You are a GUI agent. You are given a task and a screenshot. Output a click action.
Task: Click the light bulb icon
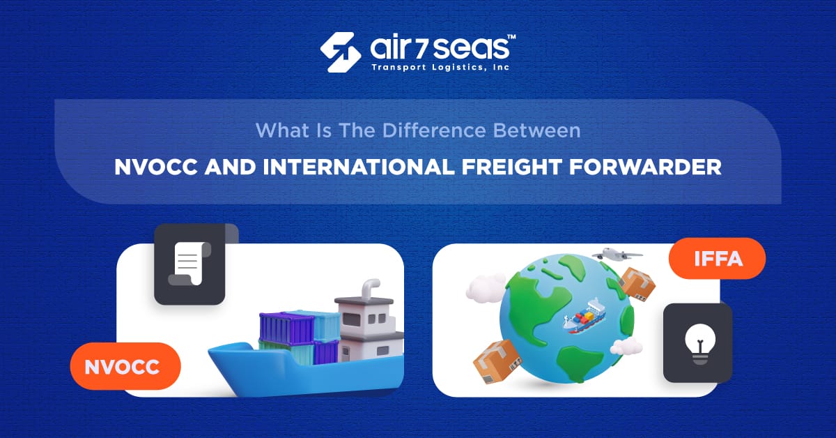coord(697,342)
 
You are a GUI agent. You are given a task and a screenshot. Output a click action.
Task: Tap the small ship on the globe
coord(584,318)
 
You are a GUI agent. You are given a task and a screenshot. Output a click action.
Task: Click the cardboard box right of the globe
coord(637,283)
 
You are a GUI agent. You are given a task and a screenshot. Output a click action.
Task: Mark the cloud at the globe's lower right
coord(626,346)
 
